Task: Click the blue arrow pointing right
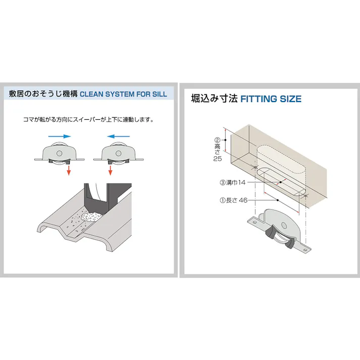tap(59, 136)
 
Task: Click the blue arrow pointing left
tap(119, 136)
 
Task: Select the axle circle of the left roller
tap(60, 153)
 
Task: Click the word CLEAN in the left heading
tap(92, 94)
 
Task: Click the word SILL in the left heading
tap(159, 94)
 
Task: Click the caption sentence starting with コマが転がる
tap(89, 120)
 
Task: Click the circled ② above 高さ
tap(218, 140)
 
